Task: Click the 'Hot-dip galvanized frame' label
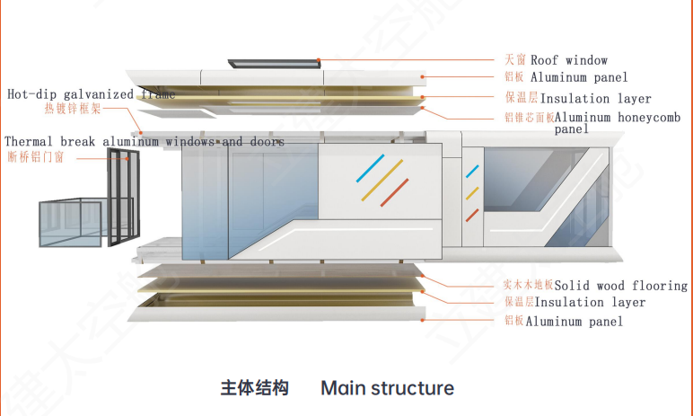(x=84, y=93)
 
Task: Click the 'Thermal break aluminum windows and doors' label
(x=145, y=142)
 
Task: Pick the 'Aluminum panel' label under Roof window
(x=578, y=77)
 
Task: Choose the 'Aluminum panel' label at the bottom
(x=574, y=321)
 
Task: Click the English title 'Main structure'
(x=387, y=388)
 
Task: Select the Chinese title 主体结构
(x=255, y=388)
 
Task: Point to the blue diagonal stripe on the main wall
(x=370, y=168)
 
